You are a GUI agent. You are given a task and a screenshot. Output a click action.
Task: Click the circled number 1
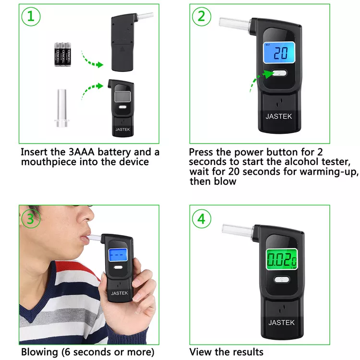coord(31,16)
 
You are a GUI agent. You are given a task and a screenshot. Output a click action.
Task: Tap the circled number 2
coord(201,16)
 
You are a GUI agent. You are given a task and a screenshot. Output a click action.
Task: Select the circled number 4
coord(201,218)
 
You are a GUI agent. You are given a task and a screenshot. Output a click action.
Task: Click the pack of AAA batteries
coord(63,54)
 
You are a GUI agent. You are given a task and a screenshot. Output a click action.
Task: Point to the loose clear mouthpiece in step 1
coord(62,108)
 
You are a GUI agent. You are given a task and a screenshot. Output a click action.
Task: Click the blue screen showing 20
coord(279,53)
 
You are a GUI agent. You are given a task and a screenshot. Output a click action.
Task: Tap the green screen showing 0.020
coord(282,259)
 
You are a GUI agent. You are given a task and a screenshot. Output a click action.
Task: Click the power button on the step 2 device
coord(279,73)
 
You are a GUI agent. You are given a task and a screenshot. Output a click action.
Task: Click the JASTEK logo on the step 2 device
coord(279,117)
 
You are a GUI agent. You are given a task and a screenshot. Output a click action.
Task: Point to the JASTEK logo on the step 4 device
coord(281,323)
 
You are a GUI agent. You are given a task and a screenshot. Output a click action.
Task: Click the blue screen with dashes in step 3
coord(118,255)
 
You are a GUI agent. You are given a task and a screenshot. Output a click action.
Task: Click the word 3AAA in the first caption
coord(81,152)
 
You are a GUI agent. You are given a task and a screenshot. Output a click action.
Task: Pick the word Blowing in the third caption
coord(39,352)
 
